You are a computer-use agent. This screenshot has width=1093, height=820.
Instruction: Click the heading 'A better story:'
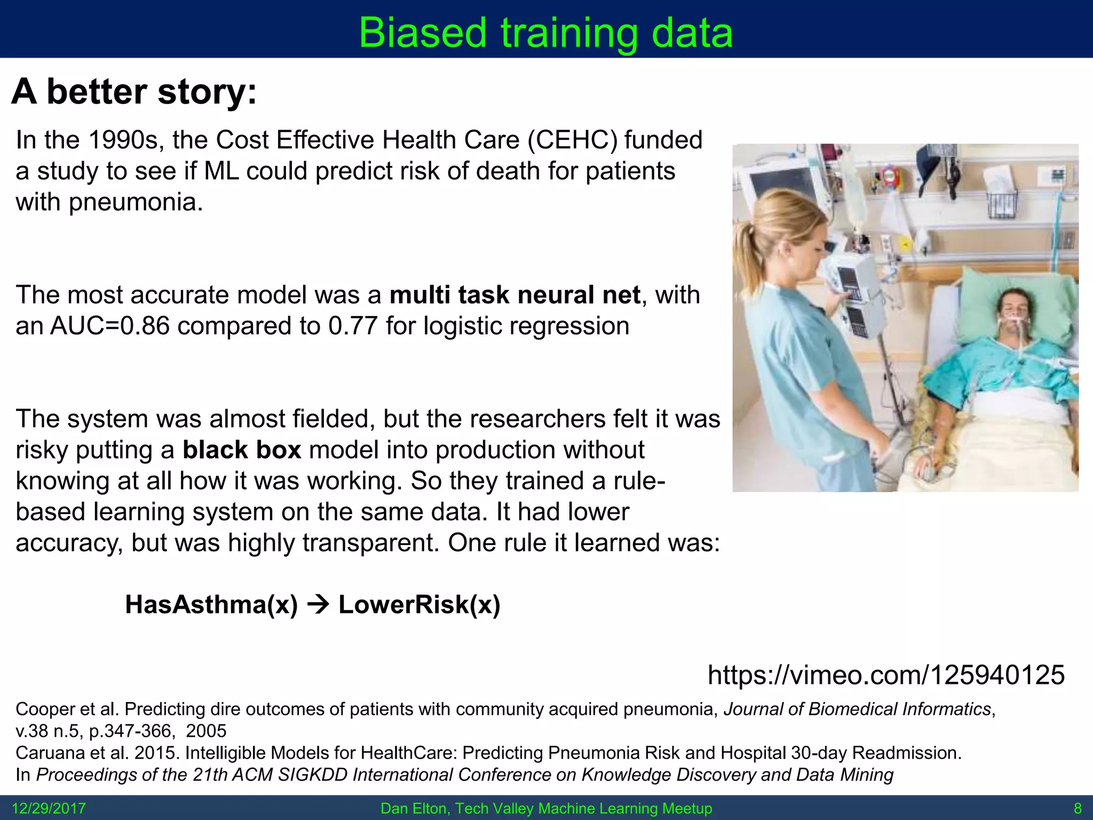coord(134,92)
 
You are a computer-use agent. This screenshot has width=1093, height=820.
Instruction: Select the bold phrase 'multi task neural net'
coord(514,295)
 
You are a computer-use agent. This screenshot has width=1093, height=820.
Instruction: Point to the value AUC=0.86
coord(110,326)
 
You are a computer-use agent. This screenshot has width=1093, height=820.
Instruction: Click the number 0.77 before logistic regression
coord(353,326)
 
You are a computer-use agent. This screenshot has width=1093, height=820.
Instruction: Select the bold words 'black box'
coord(242,450)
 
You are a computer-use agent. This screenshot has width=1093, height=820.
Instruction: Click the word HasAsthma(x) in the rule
coord(211,605)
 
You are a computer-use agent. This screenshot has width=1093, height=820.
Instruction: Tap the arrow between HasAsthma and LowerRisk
coord(319,605)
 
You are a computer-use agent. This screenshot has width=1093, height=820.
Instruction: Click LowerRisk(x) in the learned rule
coord(419,605)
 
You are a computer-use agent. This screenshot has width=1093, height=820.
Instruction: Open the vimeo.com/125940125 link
coord(886,675)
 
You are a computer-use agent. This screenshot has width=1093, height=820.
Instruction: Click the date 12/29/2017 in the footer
coord(49,808)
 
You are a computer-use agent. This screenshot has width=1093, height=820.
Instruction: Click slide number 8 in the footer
coord(1077,808)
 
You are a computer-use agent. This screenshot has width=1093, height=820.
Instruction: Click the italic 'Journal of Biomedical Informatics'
coord(857,709)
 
